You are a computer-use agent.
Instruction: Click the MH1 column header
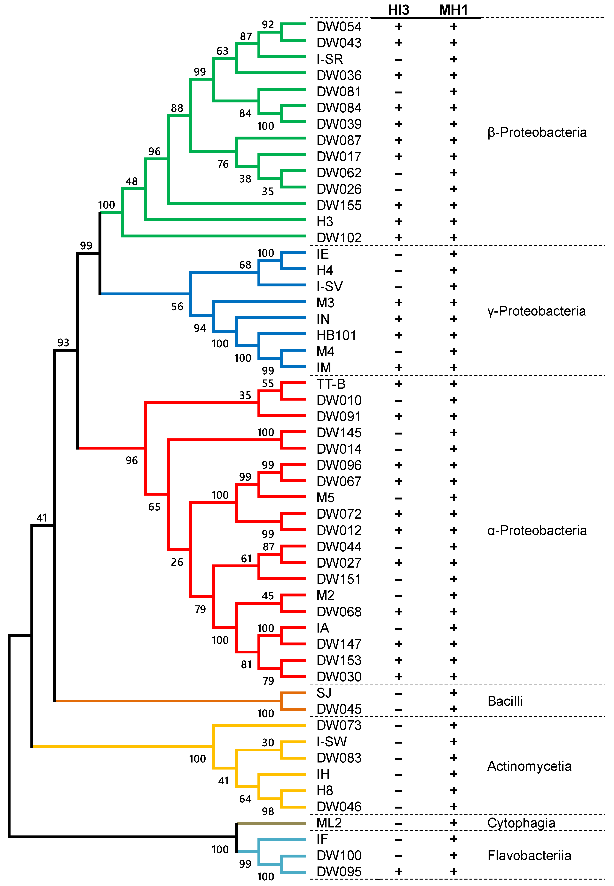click(x=453, y=10)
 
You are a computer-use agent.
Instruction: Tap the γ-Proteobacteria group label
click(x=536, y=311)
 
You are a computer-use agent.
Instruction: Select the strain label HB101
click(x=336, y=335)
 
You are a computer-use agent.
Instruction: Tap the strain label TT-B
click(x=330, y=384)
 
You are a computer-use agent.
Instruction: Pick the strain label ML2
click(x=329, y=823)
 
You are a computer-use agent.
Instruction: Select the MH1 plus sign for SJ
click(x=453, y=693)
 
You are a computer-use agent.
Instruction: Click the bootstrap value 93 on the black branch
click(x=63, y=343)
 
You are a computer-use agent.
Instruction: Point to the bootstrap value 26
click(x=177, y=562)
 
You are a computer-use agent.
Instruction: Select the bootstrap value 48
click(x=132, y=181)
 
